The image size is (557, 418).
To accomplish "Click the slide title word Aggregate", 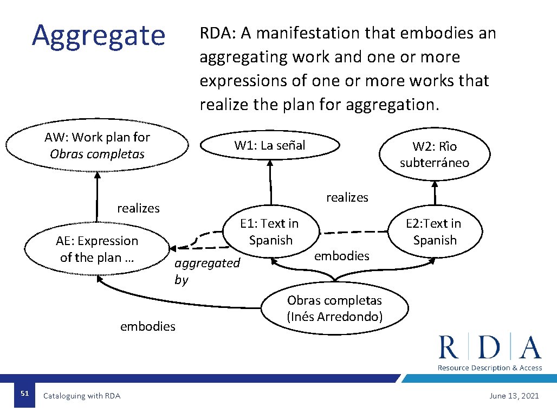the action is [x=98, y=35].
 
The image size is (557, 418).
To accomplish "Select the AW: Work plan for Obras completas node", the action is [x=98, y=145].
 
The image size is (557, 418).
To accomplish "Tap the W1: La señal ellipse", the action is [x=270, y=145].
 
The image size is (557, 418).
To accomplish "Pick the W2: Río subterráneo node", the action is [x=435, y=155].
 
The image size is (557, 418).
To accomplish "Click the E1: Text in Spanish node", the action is [x=270, y=231].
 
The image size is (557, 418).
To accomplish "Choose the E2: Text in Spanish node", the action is [x=435, y=231].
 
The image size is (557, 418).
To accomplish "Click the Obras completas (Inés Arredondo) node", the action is [x=334, y=308].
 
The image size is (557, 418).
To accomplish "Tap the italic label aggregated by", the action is [x=206, y=271].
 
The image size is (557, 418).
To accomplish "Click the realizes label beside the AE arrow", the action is [x=138, y=208].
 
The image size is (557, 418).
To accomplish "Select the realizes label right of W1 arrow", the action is [x=347, y=197].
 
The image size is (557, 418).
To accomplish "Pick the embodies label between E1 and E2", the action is [x=341, y=256].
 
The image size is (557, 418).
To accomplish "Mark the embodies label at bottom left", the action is [x=147, y=326].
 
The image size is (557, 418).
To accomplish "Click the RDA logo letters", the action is [x=490, y=348].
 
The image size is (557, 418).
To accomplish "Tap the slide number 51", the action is [x=24, y=394].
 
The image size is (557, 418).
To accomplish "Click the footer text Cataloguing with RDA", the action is [x=82, y=396].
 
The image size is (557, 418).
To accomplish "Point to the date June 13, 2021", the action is [x=514, y=396].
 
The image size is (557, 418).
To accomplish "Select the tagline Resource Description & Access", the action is [x=489, y=368].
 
